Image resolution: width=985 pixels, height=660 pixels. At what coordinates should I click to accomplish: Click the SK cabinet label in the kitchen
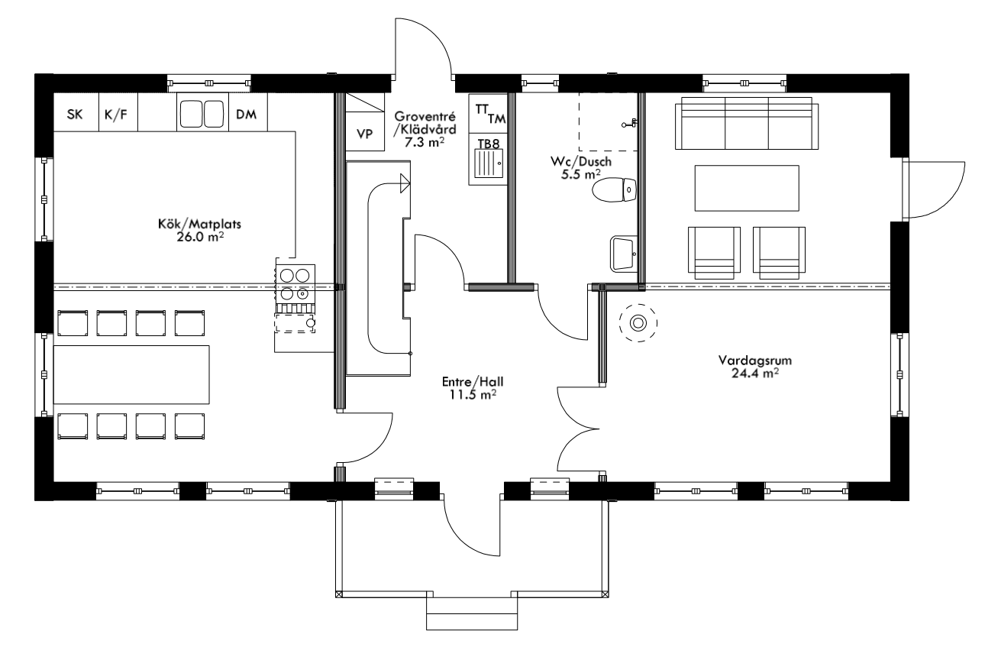74,115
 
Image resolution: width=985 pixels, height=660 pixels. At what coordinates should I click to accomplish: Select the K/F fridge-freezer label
116,115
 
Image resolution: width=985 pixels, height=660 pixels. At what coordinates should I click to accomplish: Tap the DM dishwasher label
246,115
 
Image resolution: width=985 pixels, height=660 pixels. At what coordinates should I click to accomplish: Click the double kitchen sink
202,114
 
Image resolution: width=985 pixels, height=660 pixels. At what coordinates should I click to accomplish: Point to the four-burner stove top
294,282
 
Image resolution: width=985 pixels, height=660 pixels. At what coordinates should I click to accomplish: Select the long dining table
131,374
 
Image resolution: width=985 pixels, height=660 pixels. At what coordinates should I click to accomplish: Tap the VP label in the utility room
365,134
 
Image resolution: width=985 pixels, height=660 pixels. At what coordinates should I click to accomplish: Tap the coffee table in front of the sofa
746,188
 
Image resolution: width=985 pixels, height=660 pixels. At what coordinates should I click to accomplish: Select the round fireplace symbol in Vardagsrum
636,324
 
